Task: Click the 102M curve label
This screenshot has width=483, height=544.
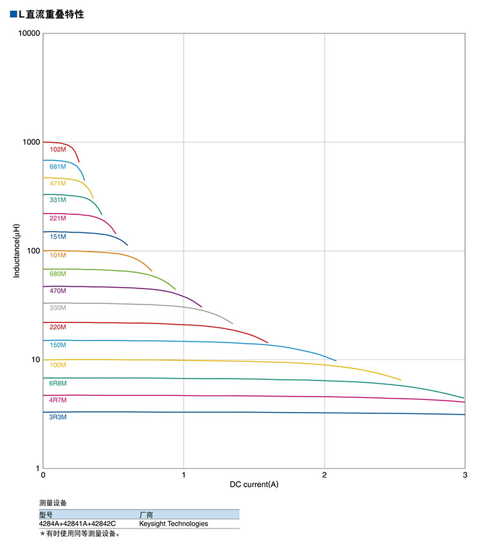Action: (x=58, y=149)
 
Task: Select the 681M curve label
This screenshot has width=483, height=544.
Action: (x=58, y=167)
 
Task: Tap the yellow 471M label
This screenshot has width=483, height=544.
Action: (x=58, y=183)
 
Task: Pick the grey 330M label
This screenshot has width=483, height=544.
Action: (x=58, y=308)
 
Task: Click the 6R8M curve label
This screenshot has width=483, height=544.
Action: (x=58, y=384)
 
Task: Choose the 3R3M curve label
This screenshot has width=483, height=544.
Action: (x=58, y=417)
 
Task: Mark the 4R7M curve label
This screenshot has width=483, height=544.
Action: (x=58, y=400)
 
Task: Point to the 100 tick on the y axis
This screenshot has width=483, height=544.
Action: (x=33, y=251)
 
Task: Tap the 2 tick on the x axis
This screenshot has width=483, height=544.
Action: (x=325, y=475)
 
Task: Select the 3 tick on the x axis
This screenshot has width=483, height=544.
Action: (x=465, y=475)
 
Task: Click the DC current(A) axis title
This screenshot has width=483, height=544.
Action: (x=254, y=484)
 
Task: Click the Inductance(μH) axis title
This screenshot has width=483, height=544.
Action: (x=17, y=251)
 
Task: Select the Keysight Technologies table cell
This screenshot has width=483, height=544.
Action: (x=173, y=523)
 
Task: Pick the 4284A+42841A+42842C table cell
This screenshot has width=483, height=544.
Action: (x=77, y=523)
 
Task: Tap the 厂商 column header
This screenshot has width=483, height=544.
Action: (x=146, y=514)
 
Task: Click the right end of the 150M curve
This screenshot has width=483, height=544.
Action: (x=336, y=361)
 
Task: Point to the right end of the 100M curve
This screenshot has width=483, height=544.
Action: (x=401, y=380)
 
